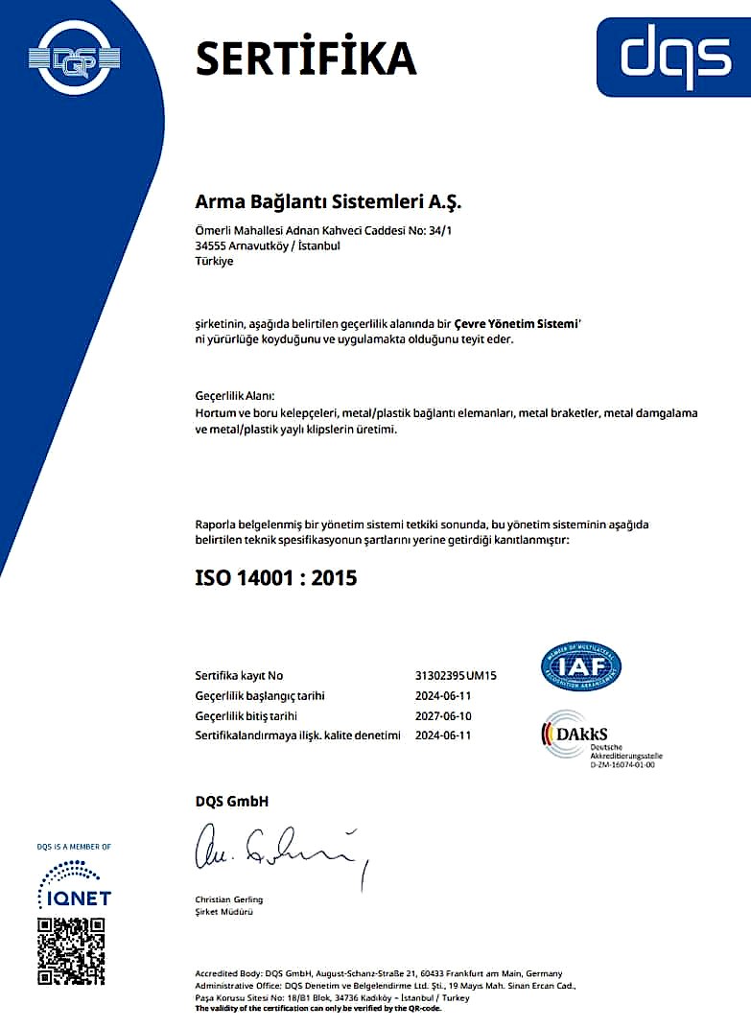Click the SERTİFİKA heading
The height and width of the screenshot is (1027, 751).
pos(305,58)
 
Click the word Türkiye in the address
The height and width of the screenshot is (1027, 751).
pos(213,261)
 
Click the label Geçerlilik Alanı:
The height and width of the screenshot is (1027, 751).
pos(235,396)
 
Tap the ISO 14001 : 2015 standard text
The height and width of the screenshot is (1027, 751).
pos(275,577)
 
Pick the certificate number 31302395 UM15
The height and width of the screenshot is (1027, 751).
pos(456,675)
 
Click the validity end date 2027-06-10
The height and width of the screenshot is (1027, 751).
pos(443,715)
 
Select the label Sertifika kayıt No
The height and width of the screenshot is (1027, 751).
pos(239,675)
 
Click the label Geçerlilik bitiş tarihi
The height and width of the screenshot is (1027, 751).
pos(246,715)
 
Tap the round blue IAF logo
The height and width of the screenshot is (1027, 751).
pos(581,666)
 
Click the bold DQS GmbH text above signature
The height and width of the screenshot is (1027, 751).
pos(232,801)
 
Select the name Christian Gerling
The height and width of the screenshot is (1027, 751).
pos(228,899)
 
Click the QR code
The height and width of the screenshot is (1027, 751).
pos(71,951)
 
